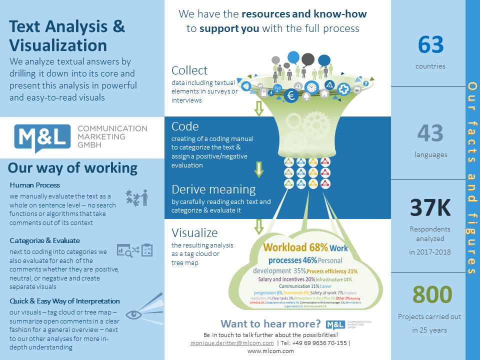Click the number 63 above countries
point(430,45)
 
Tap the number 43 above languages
point(430,133)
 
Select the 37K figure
point(430,208)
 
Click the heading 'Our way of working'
point(72,168)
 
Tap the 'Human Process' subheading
point(34,185)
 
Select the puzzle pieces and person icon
point(136,197)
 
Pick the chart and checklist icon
point(134,250)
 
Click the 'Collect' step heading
point(189,70)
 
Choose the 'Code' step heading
point(185,126)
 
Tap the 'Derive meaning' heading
point(213,189)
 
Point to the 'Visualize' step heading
point(194,233)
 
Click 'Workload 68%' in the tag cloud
point(295,247)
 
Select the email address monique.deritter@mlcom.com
point(232,343)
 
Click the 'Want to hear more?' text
point(270,323)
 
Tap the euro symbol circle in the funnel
point(291,95)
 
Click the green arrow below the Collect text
point(258,108)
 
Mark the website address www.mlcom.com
point(270,351)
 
